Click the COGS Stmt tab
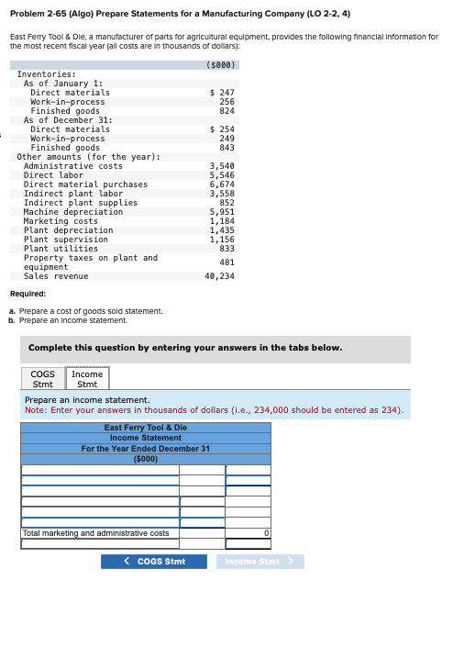coord(42,379)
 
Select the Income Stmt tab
coord(87,379)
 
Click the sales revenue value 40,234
coord(219,276)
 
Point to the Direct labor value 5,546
coord(222,175)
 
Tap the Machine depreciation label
coord(66,212)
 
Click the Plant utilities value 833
coord(226,249)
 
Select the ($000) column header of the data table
coord(222,65)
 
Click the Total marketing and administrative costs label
coord(95,532)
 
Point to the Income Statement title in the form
coord(146,438)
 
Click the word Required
coord(28,294)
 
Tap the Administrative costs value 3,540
coord(222,166)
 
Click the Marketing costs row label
coord(61,221)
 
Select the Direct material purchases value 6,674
coord(222,184)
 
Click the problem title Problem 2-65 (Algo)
coord(69,14)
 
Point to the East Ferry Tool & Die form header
coord(146,428)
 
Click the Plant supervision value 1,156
coord(222,240)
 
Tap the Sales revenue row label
coord(56,276)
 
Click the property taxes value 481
coord(226,262)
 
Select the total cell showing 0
coord(248,532)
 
